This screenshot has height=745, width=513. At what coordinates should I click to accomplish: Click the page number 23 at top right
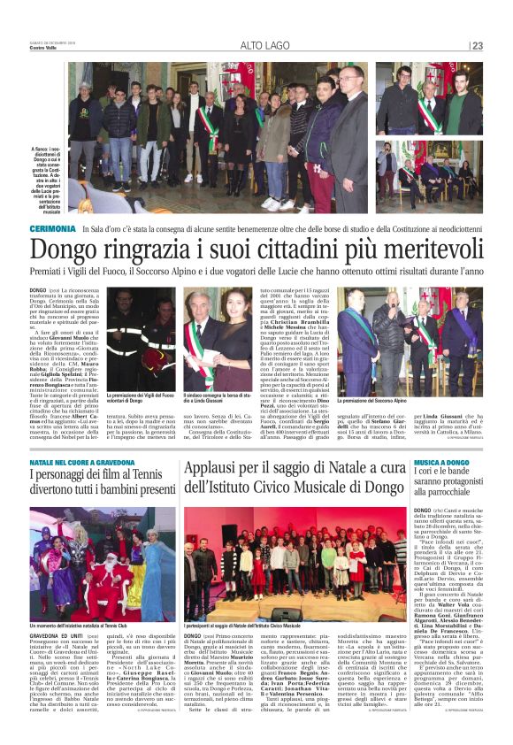click(477, 45)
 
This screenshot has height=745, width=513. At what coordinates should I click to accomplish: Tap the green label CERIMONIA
click(52, 228)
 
